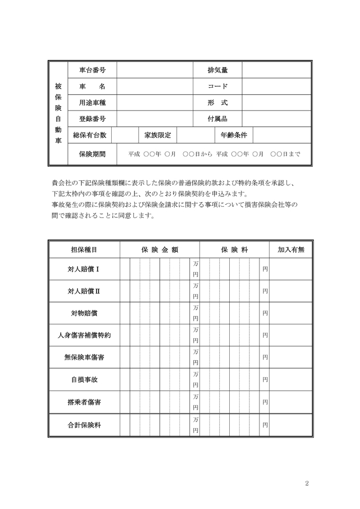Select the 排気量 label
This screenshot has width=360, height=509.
(218, 70)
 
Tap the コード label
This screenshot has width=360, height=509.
(218, 86)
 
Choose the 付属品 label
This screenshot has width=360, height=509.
(218, 119)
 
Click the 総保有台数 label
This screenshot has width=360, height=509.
(89, 135)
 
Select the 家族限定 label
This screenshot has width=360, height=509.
(157, 135)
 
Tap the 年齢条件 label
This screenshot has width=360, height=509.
(233, 135)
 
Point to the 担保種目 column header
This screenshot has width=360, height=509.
(84, 249)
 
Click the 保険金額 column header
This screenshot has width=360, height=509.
(159, 249)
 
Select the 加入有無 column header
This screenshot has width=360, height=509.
(291, 249)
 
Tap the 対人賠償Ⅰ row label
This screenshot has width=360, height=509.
(84, 269)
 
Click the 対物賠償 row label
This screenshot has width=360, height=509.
(84, 313)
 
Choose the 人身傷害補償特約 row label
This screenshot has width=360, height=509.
(84, 335)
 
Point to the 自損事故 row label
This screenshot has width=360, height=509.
(84, 380)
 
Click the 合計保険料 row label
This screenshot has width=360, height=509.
(84, 425)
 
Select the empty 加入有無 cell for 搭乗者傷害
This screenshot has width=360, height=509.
(291, 402)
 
